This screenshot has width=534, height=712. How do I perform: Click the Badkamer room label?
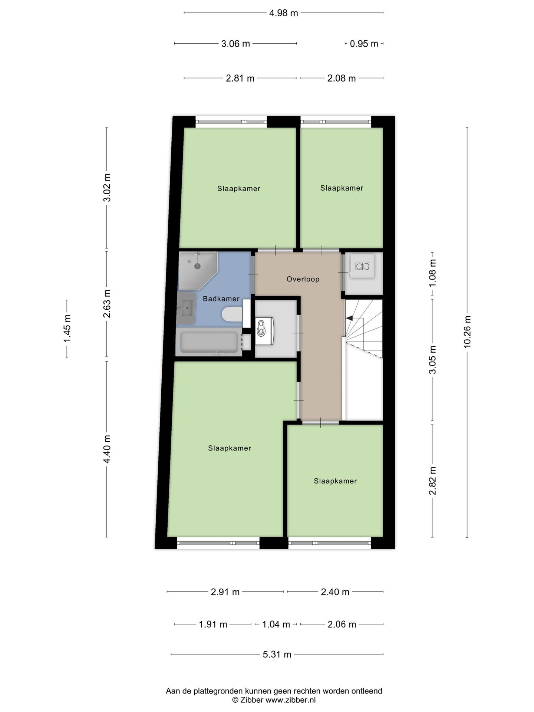[221, 299]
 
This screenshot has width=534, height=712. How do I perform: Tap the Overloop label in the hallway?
[303, 279]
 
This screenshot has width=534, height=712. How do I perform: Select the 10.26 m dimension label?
[467, 332]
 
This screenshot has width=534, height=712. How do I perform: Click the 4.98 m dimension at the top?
[284, 13]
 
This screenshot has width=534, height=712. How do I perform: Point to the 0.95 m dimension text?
[364, 44]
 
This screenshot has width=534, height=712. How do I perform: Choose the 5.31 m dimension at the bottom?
[277, 655]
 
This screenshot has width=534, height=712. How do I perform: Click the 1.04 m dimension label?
[276, 624]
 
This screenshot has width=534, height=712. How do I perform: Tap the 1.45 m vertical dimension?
[67, 329]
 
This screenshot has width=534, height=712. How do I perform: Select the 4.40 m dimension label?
[107, 449]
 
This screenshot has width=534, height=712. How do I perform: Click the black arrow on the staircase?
[349, 318]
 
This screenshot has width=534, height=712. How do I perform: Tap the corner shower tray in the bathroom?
[197, 270]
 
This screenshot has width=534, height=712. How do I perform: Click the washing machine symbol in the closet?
[362, 266]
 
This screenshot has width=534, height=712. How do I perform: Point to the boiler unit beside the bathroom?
[265, 331]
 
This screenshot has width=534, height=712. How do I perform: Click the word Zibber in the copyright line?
[251, 700]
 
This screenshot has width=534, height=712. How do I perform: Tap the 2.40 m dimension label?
[335, 592]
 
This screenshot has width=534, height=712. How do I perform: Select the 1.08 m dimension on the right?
[432, 274]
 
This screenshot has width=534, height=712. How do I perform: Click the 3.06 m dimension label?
[235, 44]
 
